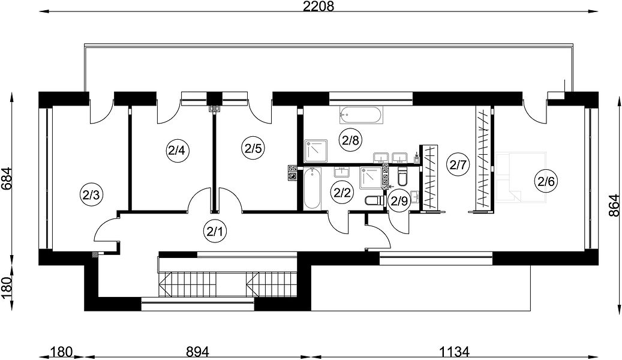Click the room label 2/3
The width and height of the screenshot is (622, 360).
point(92,194)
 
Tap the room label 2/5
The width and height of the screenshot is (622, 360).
point(253,149)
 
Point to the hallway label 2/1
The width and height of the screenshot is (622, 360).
point(215,231)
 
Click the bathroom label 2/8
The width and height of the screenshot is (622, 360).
point(350,140)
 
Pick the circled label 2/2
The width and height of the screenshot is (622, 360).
point(342,193)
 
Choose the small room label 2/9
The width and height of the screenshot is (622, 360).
point(399,201)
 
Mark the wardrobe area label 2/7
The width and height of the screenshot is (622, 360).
point(458,164)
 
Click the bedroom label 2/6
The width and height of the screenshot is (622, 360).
point(546,181)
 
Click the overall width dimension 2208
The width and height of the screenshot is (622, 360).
point(319,6)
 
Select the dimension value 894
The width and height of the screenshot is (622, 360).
point(197,352)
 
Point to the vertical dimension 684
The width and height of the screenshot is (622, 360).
point(7,179)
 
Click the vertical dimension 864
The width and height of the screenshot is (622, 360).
point(614,205)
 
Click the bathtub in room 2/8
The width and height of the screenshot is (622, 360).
point(361,116)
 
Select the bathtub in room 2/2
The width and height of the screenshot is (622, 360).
point(312,188)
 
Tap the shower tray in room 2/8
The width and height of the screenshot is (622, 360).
point(315,151)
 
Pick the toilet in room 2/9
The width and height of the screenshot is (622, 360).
point(402,176)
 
